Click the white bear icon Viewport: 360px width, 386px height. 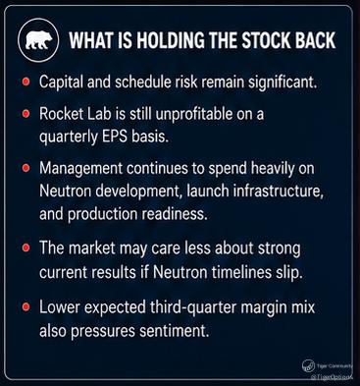(38, 40)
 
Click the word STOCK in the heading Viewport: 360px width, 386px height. (266, 40)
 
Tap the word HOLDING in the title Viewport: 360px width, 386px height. (170, 40)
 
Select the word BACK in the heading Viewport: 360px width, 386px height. (315, 40)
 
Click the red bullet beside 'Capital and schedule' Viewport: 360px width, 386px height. (26, 82)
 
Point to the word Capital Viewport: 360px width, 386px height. (61, 82)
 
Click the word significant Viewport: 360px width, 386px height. (283, 83)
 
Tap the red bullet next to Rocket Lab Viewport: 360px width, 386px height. (26, 114)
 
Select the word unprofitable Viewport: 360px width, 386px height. (195, 114)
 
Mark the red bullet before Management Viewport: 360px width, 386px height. (26, 168)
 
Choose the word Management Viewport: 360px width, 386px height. (80, 169)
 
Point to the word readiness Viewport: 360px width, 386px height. (175, 214)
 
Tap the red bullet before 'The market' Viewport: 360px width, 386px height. (26, 248)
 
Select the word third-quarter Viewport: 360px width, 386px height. (194, 307)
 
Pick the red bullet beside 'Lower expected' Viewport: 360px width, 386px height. (26, 307)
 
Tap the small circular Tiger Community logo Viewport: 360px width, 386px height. (308, 365)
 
